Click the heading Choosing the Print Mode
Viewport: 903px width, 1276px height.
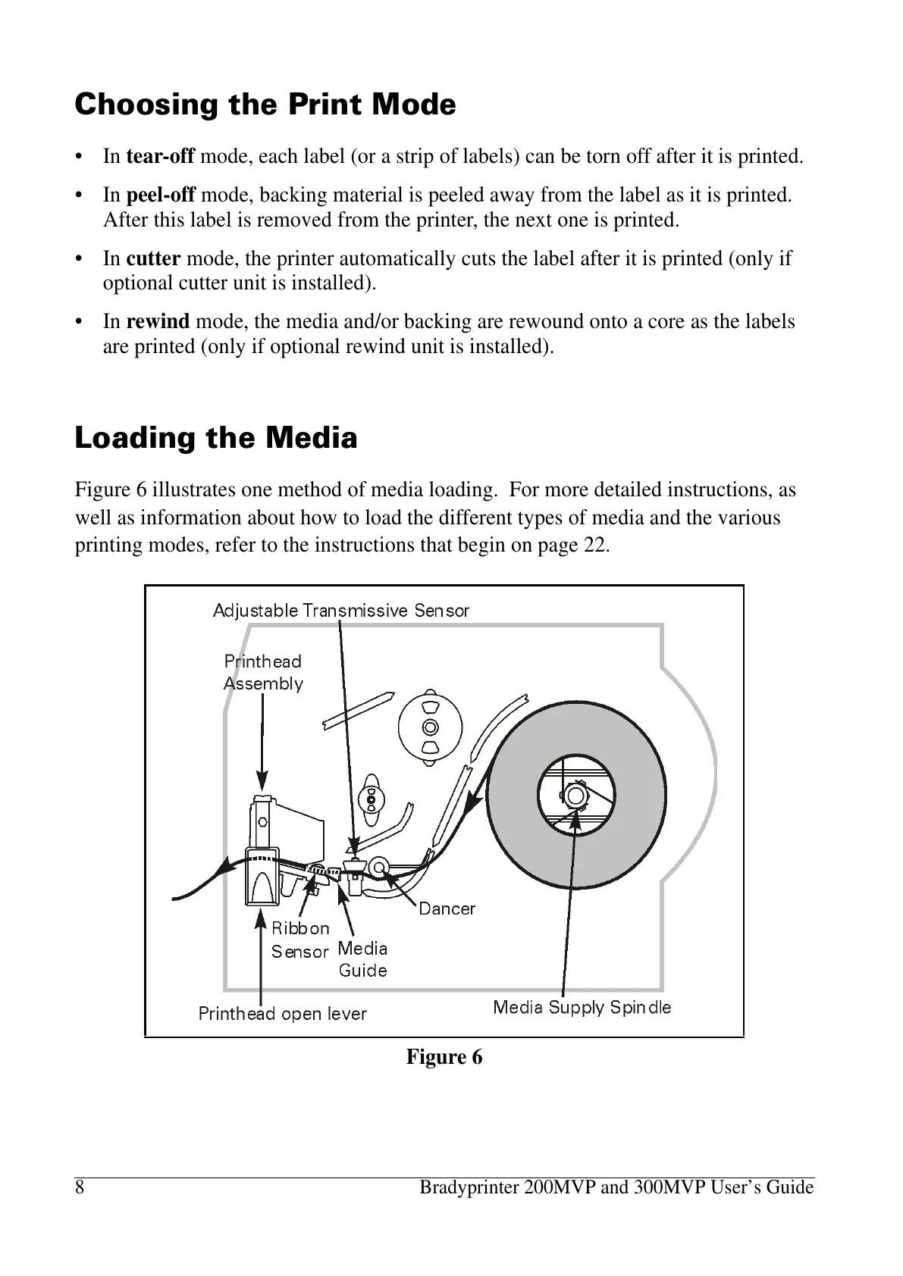[x=265, y=105]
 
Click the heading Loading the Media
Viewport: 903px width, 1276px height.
[x=215, y=438]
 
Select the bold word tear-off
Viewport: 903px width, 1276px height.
[x=160, y=157]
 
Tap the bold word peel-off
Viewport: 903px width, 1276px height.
[x=161, y=195]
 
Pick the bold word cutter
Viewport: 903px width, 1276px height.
[x=153, y=258]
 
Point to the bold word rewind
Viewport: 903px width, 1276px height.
[x=158, y=321]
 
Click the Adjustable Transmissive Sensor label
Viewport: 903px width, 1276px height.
[x=340, y=610]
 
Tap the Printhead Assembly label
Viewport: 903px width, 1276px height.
[x=263, y=672]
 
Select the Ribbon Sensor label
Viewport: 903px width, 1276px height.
[x=300, y=940]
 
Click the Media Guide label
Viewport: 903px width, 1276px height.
[x=362, y=959]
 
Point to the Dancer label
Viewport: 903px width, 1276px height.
[x=447, y=909]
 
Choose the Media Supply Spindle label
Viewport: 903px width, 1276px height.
[x=582, y=1007]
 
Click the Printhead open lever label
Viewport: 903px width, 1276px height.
[x=282, y=1014]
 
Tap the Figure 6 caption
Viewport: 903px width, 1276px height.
[x=444, y=1057]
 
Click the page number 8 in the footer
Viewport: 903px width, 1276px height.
[x=80, y=1187]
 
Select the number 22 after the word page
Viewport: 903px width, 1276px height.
[x=594, y=545]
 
